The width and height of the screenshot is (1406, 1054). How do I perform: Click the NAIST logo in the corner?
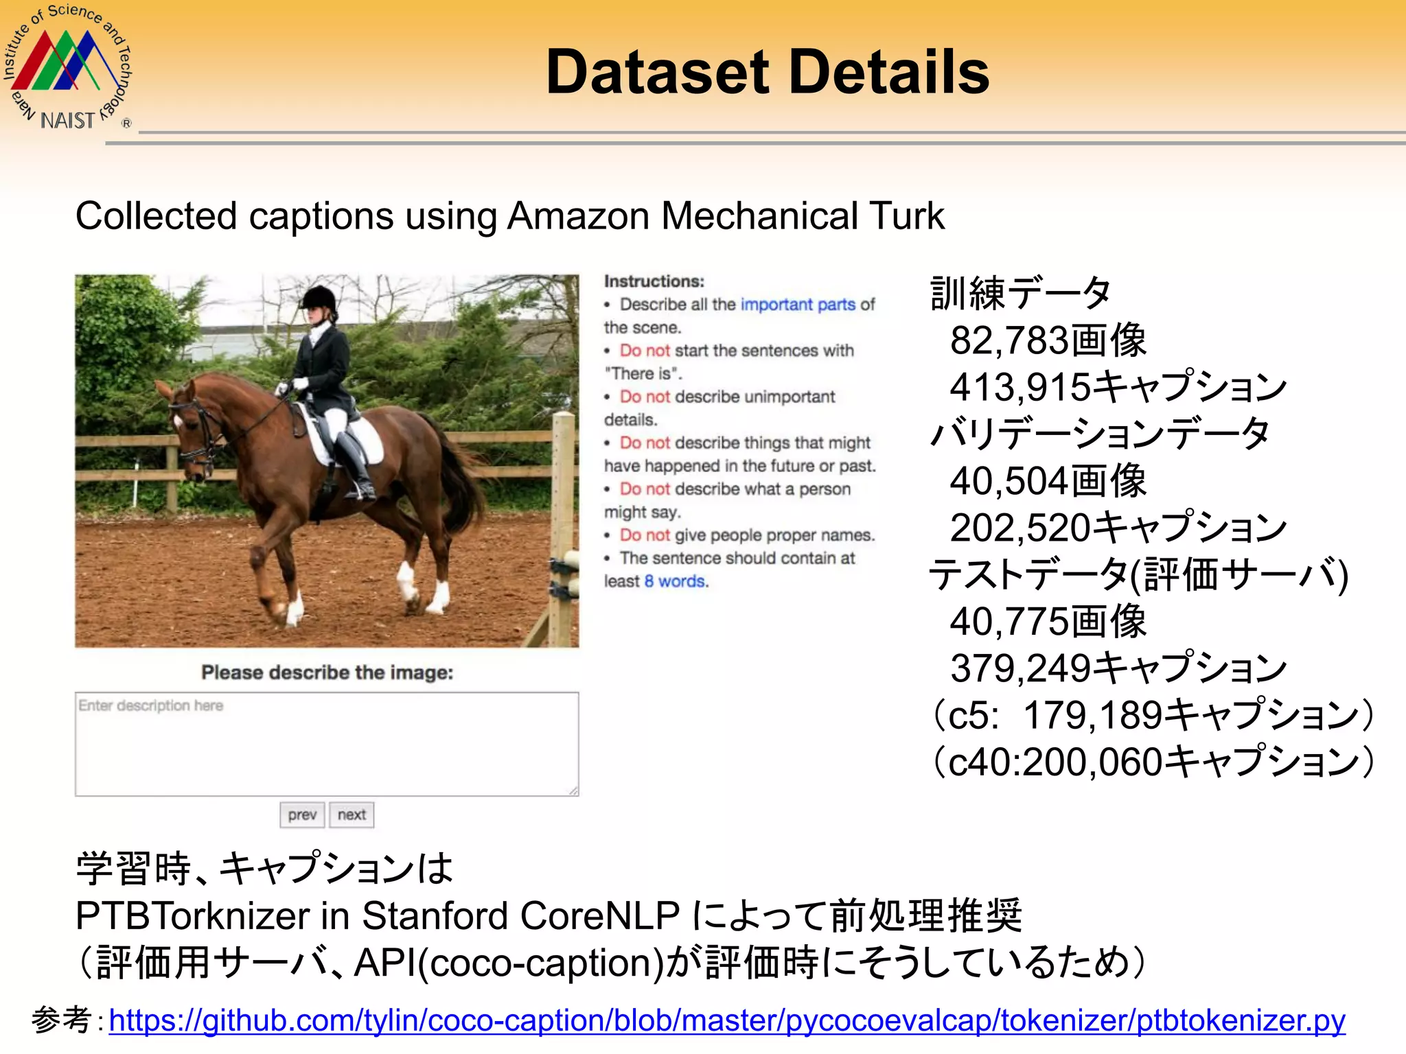point(67,67)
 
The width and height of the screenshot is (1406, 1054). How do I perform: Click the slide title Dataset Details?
point(767,72)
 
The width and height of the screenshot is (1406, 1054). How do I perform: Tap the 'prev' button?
point(302,815)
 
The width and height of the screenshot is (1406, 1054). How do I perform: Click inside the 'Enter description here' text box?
point(327,745)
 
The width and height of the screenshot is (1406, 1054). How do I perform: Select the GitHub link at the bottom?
point(726,1020)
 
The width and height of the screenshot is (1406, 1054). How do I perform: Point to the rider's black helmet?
point(319,298)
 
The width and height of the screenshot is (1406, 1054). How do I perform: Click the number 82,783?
point(1009,341)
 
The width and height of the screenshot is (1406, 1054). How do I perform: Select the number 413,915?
point(1019,388)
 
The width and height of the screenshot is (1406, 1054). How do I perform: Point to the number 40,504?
point(1009,481)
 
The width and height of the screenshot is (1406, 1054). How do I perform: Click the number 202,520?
point(1019,528)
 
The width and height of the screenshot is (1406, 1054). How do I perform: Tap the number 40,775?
point(1009,622)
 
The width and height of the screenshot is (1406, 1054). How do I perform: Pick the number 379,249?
point(1019,668)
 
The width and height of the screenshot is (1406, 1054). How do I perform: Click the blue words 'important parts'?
point(797,305)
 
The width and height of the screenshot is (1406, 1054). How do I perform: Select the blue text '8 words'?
point(675,582)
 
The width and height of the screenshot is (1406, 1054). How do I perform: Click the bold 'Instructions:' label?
point(654,281)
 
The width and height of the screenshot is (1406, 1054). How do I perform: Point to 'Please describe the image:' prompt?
point(327,672)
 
